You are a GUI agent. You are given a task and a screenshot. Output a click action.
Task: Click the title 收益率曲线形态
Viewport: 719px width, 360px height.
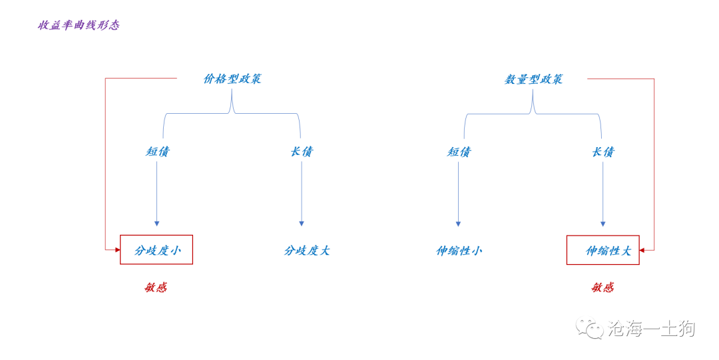pyautogui.click(x=79, y=25)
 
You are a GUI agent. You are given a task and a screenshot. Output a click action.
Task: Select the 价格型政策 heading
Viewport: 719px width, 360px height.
pyautogui.click(x=232, y=79)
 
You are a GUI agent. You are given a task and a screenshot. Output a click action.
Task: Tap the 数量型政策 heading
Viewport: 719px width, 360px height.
pyautogui.click(x=533, y=79)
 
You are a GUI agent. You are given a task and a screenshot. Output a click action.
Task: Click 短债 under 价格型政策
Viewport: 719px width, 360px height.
pyautogui.click(x=157, y=151)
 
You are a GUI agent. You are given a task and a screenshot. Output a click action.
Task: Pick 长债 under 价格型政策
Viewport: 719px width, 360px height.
pyautogui.click(x=302, y=151)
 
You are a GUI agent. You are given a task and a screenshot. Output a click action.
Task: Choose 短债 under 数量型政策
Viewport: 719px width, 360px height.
pyautogui.click(x=459, y=152)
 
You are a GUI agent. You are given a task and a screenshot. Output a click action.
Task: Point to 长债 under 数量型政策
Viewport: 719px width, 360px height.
pyautogui.click(x=603, y=152)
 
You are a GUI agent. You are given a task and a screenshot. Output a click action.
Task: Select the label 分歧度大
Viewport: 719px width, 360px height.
pyautogui.click(x=307, y=250)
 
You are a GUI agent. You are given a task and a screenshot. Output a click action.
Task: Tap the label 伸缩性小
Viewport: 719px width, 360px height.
pyautogui.click(x=459, y=251)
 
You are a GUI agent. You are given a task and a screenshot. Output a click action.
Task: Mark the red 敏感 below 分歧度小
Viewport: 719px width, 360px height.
pyautogui.click(x=156, y=287)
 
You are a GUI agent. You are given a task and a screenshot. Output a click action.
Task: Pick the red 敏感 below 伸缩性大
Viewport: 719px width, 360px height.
pyautogui.click(x=602, y=287)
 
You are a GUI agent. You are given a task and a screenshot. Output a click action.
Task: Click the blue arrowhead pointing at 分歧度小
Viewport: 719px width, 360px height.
pyautogui.click(x=157, y=224)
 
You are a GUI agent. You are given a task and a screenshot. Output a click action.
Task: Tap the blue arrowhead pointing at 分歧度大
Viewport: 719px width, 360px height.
pyautogui.click(x=302, y=224)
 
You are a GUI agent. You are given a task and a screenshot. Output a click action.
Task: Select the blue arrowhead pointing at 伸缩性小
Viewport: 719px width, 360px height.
pyautogui.click(x=458, y=224)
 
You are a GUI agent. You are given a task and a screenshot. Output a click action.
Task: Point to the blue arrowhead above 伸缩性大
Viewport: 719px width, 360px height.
pyautogui.click(x=603, y=224)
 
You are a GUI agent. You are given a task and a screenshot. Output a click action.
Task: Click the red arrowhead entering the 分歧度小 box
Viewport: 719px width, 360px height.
pyautogui.click(x=117, y=250)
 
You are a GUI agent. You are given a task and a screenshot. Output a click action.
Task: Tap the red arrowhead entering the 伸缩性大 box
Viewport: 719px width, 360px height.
pyautogui.click(x=642, y=250)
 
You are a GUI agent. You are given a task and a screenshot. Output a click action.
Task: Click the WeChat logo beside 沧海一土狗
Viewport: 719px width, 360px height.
pyautogui.click(x=590, y=327)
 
